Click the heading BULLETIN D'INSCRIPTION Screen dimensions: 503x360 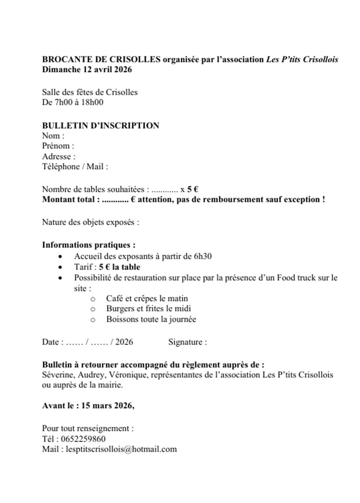click(101, 126)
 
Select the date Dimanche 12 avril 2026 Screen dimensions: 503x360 click(87, 70)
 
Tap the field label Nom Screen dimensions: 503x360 click(51, 136)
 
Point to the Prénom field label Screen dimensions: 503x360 click(56, 146)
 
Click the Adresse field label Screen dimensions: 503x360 click(57, 157)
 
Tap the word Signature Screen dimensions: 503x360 click(185, 342)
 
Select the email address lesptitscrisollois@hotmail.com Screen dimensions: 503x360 click(121, 449)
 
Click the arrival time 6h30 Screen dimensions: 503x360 click(203, 256)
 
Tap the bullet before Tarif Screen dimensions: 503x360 click(60, 268)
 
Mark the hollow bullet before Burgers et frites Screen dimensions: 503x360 click(93, 309)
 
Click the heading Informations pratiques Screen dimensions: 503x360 click(89, 245)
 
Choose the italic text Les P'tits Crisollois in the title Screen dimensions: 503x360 click(302, 60)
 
